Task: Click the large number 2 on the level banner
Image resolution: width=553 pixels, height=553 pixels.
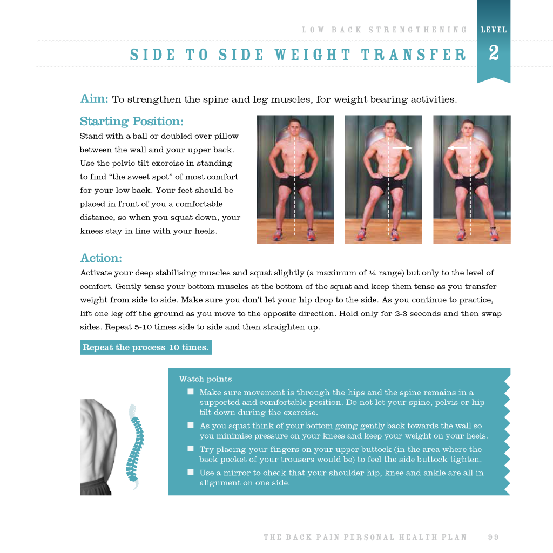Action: pyautogui.click(x=494, y=53)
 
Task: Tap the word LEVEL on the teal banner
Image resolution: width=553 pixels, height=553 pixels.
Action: pyautogui.click(x=494, y=30)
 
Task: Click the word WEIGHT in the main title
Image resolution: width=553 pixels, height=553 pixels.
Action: pyautogui.click(x=313, y=55)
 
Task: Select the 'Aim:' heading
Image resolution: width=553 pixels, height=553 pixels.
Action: pyautogui.click(x=94, y=98)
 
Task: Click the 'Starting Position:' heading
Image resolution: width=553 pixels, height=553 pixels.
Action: pyautogui.click(x=132, y=122)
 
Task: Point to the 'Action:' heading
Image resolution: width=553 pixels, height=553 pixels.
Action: pyautogui.click(x=101, y=258)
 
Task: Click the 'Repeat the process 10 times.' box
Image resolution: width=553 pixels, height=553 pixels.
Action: pyautogui.click(x=146, y=347)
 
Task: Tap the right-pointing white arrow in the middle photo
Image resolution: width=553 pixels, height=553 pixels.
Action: pyautogui.click(x=402, y=148)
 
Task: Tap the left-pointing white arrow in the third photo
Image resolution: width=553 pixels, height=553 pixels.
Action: pyautogui.click(x=457, y=148)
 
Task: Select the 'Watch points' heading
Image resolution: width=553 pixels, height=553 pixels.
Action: pyautogui.click(x=205, y=379)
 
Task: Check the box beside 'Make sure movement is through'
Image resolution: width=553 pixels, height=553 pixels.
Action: pyautogui.click(x=191, y=392)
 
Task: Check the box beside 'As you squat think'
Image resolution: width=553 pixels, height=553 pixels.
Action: pyautogui.click(x=191, y=425)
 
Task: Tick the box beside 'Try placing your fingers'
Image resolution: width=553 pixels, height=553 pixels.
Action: pyautogui.click(x=191, y=449)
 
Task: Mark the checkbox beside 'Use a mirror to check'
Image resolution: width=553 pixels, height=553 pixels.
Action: pyautogui.click(x=191, y=472)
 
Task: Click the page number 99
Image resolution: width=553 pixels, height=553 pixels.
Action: pyautogui.click(x=494, y=537)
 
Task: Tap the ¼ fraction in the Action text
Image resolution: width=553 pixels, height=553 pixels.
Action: pyautogui.click(x=373, y=273)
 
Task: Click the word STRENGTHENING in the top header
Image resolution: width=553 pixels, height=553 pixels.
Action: pyautogui.click(x=417, y=30)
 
